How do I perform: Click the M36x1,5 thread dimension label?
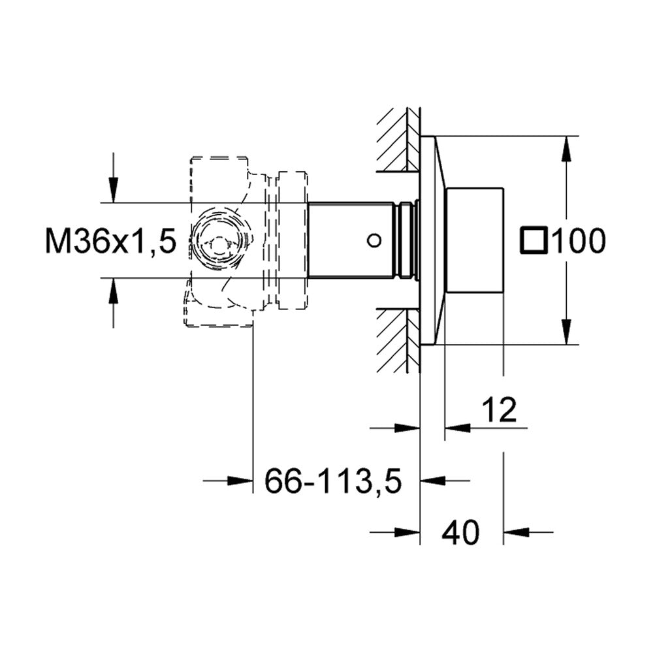[111, 241]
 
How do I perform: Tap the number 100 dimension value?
[579, 241]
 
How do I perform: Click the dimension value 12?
[500, 409]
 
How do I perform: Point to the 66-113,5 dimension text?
[333, 481]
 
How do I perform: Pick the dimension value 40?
[461, 532]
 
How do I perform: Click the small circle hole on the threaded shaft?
[374, 240]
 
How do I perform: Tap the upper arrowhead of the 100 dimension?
[566, 148]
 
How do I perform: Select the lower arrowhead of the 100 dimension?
[566, 332]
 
